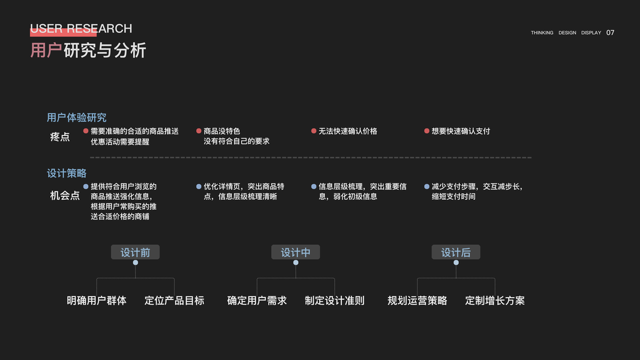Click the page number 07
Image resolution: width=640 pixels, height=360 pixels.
[x=610, y=33]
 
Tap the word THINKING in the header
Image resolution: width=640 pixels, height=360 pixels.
[x=542, y=33]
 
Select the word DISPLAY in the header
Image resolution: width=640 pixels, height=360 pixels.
[x=591, y=33]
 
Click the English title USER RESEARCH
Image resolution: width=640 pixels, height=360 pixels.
[x=81, y=29]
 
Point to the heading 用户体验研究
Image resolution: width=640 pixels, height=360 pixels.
[x=77, y=118]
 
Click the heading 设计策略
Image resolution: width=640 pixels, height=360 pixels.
[x=67, y=173]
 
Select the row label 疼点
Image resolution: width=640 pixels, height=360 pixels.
[x=60, y=137]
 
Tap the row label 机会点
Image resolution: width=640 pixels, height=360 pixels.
[x=65, y=196]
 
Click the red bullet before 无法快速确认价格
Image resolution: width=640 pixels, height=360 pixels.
[x=314, y=131]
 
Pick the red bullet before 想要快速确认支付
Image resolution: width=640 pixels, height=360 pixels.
[x=426, y=131]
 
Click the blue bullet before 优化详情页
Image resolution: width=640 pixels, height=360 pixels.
[x=199, y=187]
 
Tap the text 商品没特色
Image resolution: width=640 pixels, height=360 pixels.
[x=222, y=131]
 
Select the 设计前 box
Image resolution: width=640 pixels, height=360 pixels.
[x=135, y=253]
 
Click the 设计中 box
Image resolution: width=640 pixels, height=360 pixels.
[x=296, y=253]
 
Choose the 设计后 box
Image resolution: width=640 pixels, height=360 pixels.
[x=456, y=253]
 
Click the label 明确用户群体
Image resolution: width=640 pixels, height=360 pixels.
[x=97, y=301]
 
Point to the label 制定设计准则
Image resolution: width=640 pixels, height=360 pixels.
[x=334, y=301]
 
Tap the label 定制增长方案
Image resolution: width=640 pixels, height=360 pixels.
[x=495, y=301]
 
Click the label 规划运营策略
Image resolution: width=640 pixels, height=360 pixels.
[x=417, y=301]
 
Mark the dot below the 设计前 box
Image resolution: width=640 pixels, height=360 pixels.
[x=136, y=263]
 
